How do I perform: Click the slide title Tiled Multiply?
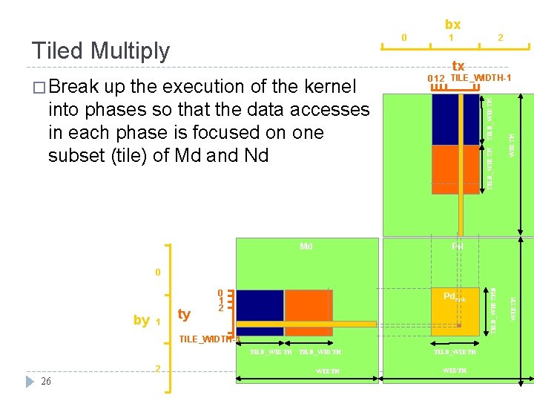coord(101,50)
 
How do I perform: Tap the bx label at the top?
coord(452,25)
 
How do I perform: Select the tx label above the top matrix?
coord(458,67)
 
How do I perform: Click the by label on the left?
coord(141,320)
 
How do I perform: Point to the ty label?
coord(184,314)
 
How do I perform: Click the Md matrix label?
coord(306,246)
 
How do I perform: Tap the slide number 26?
coord(46,381)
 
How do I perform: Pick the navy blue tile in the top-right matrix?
coord(455,119)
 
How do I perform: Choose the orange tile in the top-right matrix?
coord(455,169)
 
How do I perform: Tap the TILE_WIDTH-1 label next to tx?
coord(481,78)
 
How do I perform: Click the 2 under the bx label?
coord(500,37)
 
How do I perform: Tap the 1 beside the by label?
coord(158,322)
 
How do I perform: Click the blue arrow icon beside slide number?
coord(29,381)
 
